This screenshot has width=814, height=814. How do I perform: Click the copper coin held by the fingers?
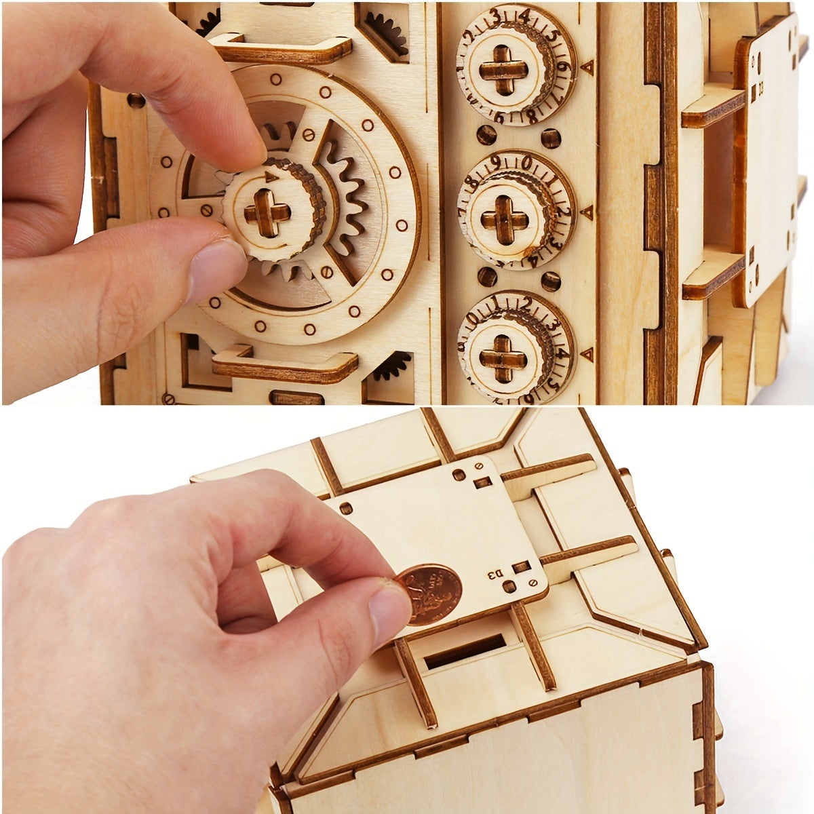click(429, 594)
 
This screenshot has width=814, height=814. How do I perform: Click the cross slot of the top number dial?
click(503, 70)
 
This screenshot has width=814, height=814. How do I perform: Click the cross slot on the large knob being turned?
click(267, 213)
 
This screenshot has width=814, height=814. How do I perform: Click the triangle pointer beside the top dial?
click(587, 67)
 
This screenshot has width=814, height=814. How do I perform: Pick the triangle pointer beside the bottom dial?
click(587, 353)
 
